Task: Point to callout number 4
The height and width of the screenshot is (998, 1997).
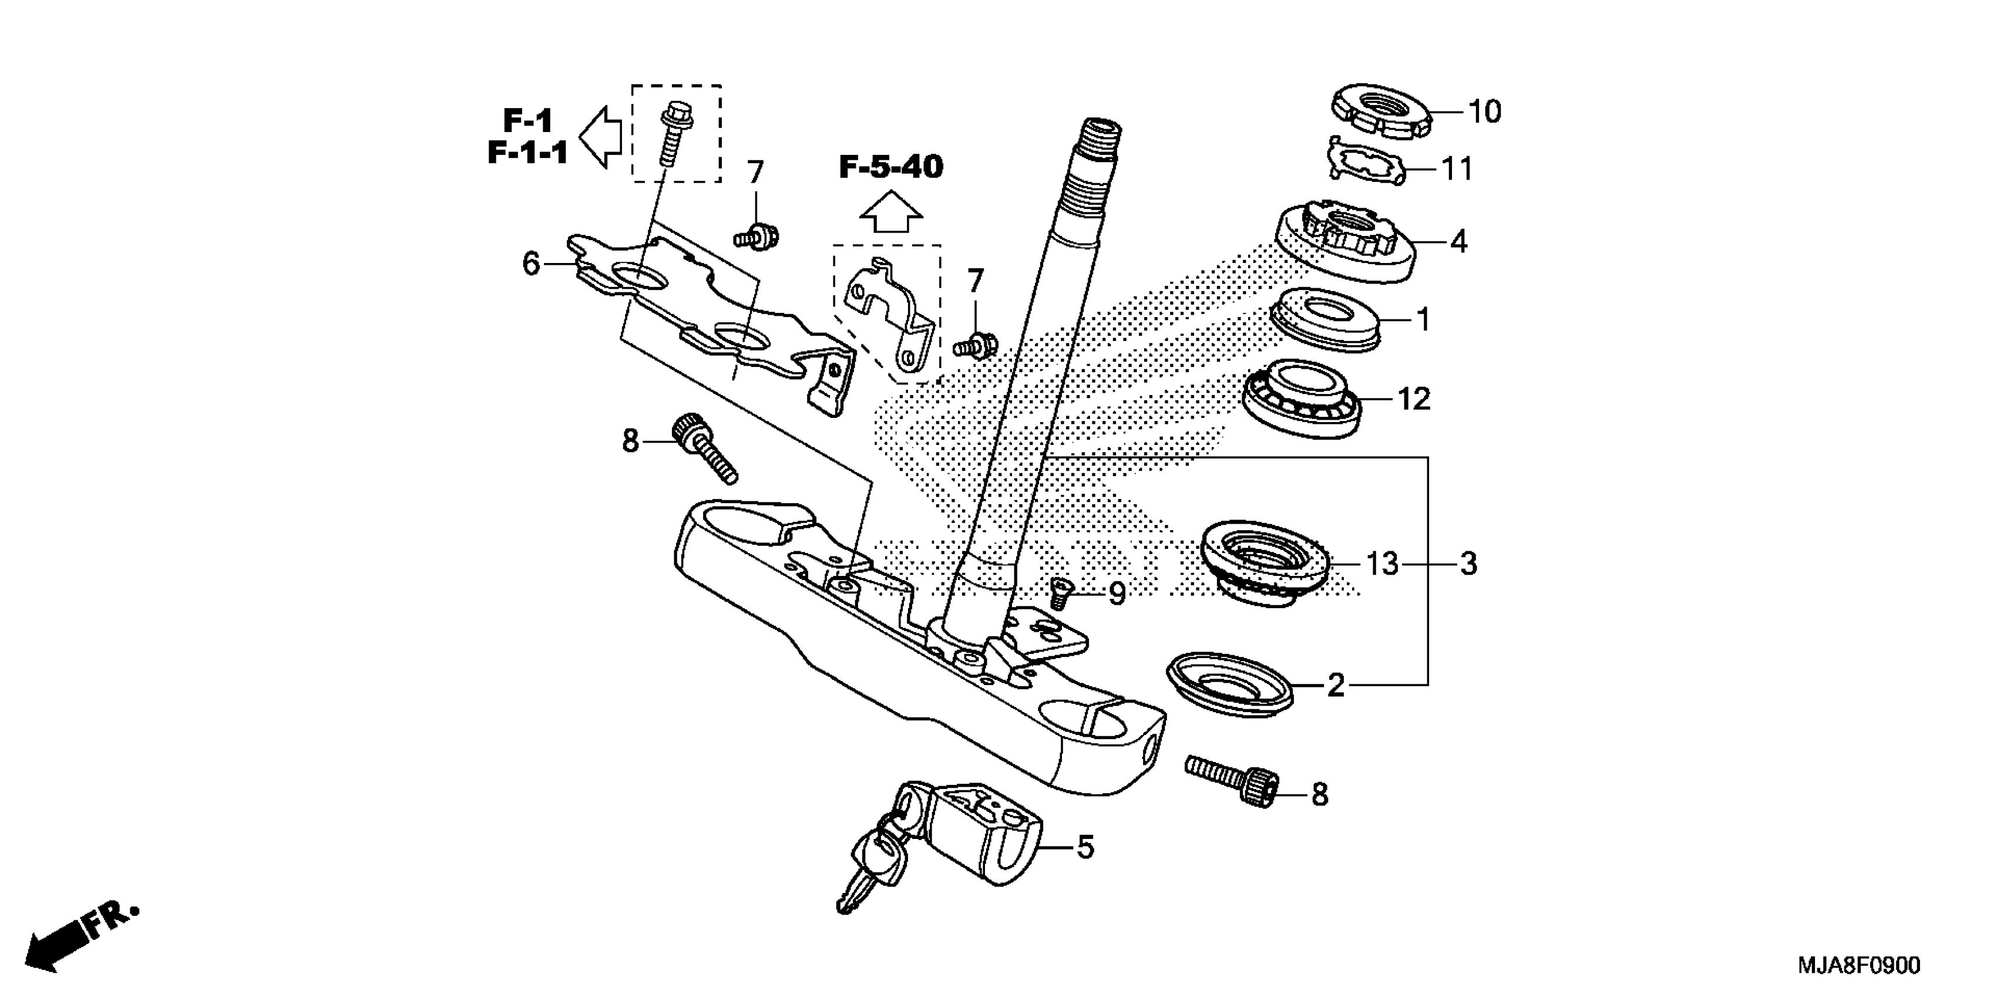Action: (1458, 242)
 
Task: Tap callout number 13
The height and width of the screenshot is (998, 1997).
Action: (1381, 564)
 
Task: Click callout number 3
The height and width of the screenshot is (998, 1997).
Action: (1468, 564)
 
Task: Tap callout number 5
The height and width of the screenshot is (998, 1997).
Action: (1085, 847)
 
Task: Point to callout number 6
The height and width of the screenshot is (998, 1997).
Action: (531, 264)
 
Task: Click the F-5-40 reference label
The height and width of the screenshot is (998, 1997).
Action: (891, 167)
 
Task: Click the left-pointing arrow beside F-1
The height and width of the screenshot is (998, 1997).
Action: (601, 137)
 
